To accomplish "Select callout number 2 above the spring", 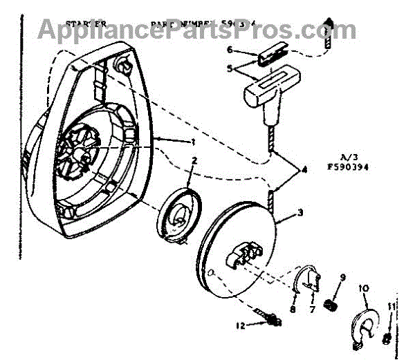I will (195, 162).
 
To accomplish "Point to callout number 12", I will (241, 325).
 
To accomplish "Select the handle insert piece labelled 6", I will (276, 54).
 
